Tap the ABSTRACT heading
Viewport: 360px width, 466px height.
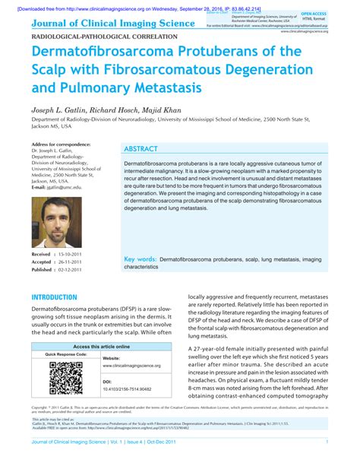point(145,150)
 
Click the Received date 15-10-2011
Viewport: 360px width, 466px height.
point(74,253)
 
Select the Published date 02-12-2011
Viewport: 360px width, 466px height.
point(75,270)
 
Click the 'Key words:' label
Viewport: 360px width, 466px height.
point(141,259)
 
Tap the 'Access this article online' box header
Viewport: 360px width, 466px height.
point(101,346)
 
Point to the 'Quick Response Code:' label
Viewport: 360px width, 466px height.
point(65,355)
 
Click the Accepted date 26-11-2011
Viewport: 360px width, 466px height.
point(74,262)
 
